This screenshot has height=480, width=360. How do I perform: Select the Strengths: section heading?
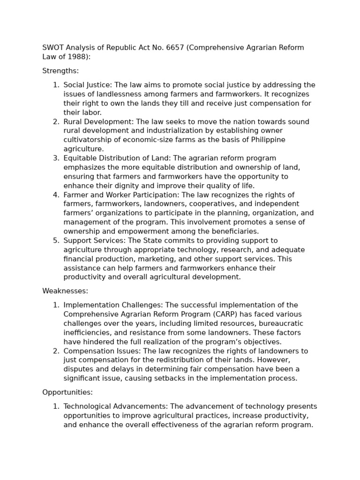click(x=60, y=71)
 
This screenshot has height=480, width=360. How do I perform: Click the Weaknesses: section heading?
click(x=65, y=291)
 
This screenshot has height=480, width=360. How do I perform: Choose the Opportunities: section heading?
click(x=67, y=392)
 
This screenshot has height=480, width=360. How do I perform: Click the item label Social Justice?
click(x=88, y=85)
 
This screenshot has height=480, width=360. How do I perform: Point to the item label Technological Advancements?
click(x=116, y=406)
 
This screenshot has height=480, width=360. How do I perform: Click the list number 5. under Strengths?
click(x=56, y=240)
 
